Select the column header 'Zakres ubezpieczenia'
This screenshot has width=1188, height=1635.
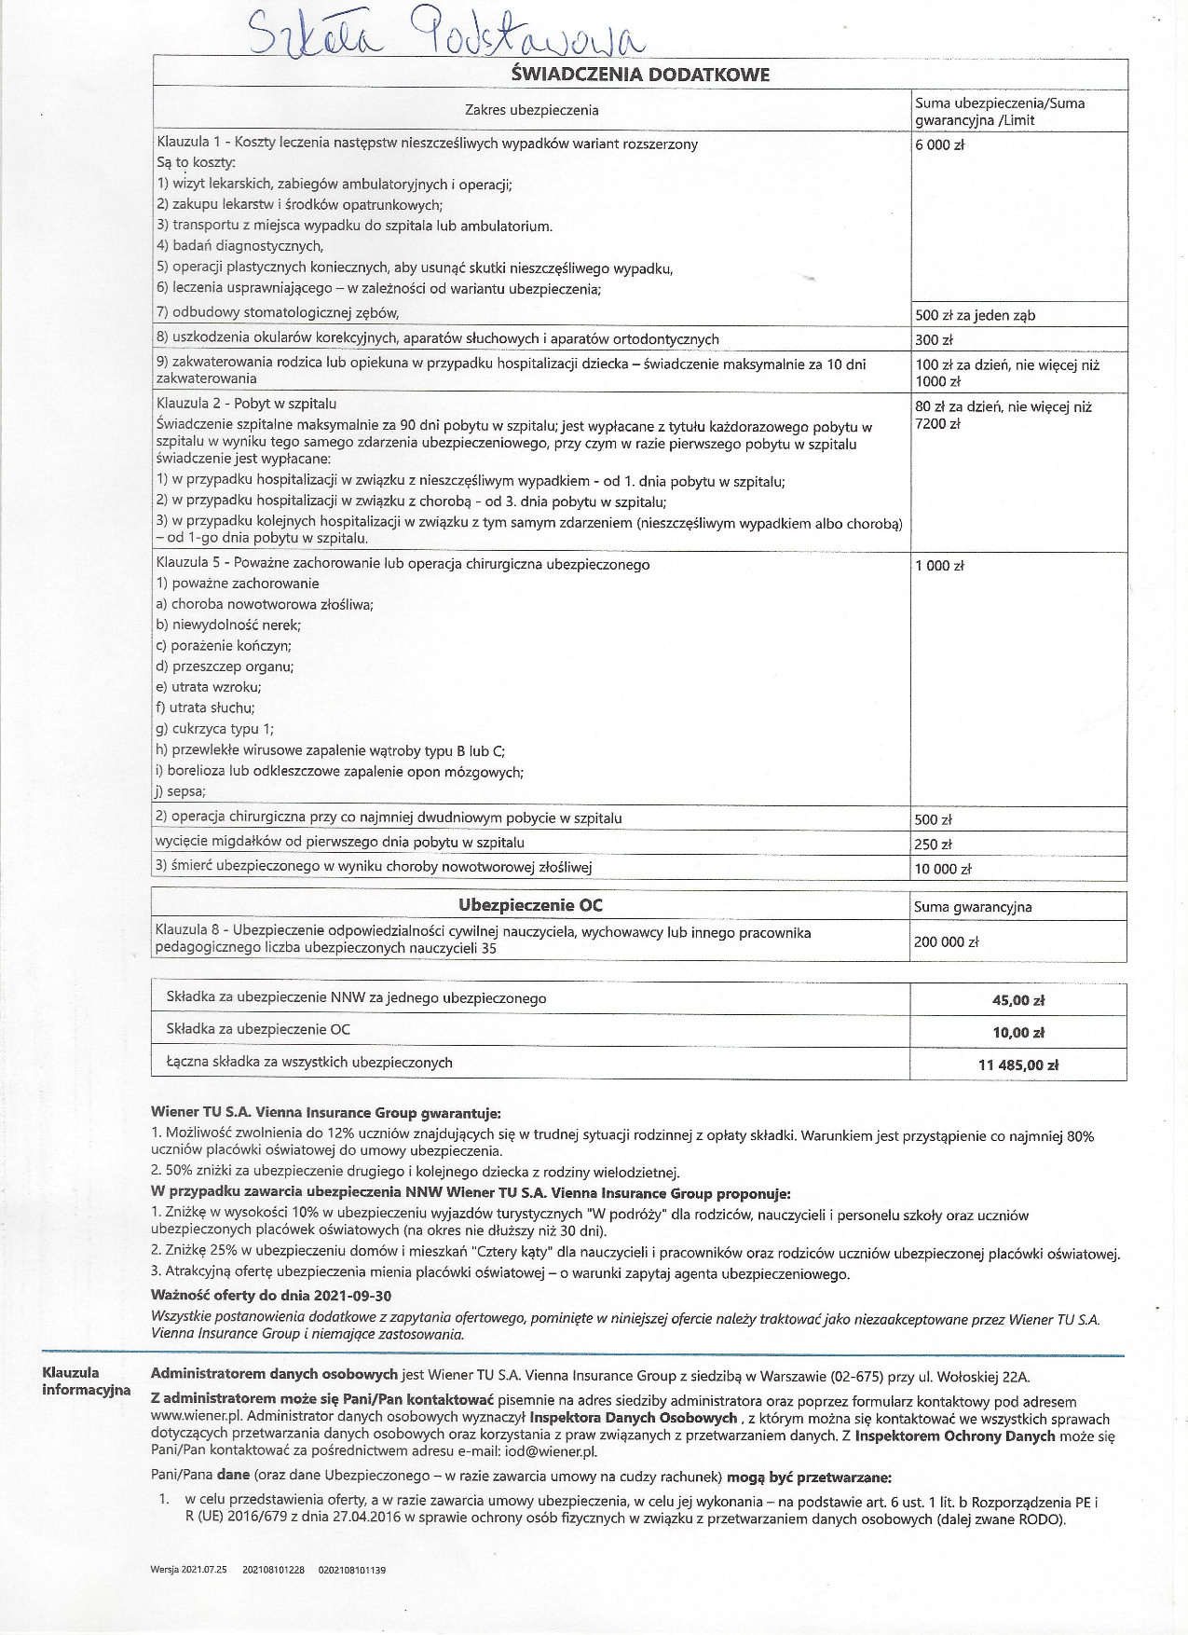click(x=531, y=110)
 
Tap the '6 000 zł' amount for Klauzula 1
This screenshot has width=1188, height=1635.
click(x=939, y=145)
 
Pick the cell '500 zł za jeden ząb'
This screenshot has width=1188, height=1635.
click(x=975, y=315)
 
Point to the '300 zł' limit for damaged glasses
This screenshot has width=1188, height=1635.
click(x=934, y=340)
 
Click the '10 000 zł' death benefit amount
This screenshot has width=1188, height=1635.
click(x=943, y=869)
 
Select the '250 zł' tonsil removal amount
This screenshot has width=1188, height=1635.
click(x=934, y=845)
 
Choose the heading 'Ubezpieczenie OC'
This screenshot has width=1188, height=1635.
click(x=530, y=905)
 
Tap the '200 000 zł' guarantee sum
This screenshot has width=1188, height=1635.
click(x=947, y=941)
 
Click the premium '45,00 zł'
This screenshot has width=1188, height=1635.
click(x=1017, y=1000)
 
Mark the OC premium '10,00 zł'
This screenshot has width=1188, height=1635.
click(x=1017, y=1032)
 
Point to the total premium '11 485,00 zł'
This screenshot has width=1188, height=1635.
click(x=1017, y=1065)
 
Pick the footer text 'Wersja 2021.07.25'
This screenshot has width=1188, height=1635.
click(x=188, y=1570)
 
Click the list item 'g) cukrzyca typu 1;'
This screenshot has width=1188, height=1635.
click(x=215, y=729)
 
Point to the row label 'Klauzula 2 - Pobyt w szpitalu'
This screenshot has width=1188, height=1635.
click(x=247, y=404)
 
